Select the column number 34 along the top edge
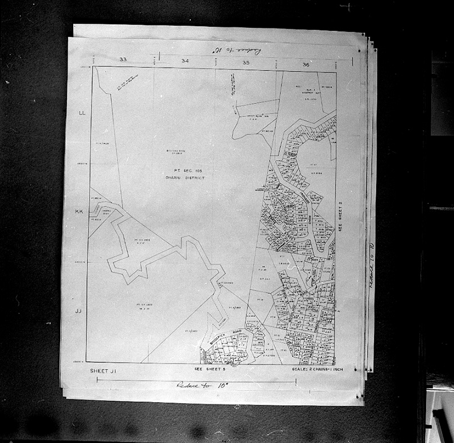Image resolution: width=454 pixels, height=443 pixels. point(184,61)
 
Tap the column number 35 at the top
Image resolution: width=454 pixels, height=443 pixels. point(246,62)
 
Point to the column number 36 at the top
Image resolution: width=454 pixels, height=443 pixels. point(306,64)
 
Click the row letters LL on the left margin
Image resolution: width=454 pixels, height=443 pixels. point(81,114)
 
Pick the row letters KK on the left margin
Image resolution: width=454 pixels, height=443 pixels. point(79,212)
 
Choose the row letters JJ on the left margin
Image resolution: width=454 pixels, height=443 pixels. point(78,311)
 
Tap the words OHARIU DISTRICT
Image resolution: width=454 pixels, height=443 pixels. point(188,178)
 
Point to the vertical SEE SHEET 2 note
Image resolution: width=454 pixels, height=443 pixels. point(342,214)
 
